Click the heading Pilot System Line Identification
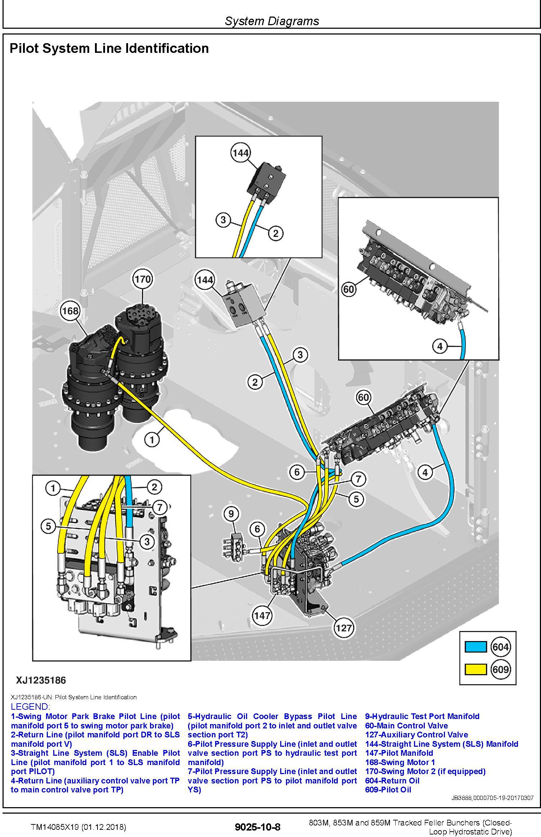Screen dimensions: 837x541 [109, 49]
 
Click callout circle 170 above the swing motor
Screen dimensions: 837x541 [142, 279]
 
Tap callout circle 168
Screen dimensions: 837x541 [70, 310]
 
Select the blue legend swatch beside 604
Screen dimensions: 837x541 [476, 647]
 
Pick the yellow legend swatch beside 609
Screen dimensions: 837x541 [476, 669]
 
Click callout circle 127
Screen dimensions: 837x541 [344, 628]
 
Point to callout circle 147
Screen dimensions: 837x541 [262, 615]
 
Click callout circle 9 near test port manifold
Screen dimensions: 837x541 [231, 514]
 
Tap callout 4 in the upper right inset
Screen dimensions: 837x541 [440, 346]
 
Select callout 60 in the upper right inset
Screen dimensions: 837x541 [349, 289]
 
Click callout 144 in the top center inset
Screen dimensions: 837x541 [240, 153]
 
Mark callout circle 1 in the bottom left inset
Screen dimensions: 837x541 [53, 488]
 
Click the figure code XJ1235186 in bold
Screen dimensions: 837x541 [41, 680]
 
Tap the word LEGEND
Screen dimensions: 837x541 [30, 706]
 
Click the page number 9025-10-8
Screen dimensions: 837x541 [257, 827]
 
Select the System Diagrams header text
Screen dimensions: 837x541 [272, 21]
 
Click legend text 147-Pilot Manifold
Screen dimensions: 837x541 [399, 753]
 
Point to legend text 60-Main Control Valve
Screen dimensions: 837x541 [406, 726]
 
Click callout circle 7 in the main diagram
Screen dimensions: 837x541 [358, 479]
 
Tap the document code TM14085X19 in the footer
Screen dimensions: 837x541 [78, 827]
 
